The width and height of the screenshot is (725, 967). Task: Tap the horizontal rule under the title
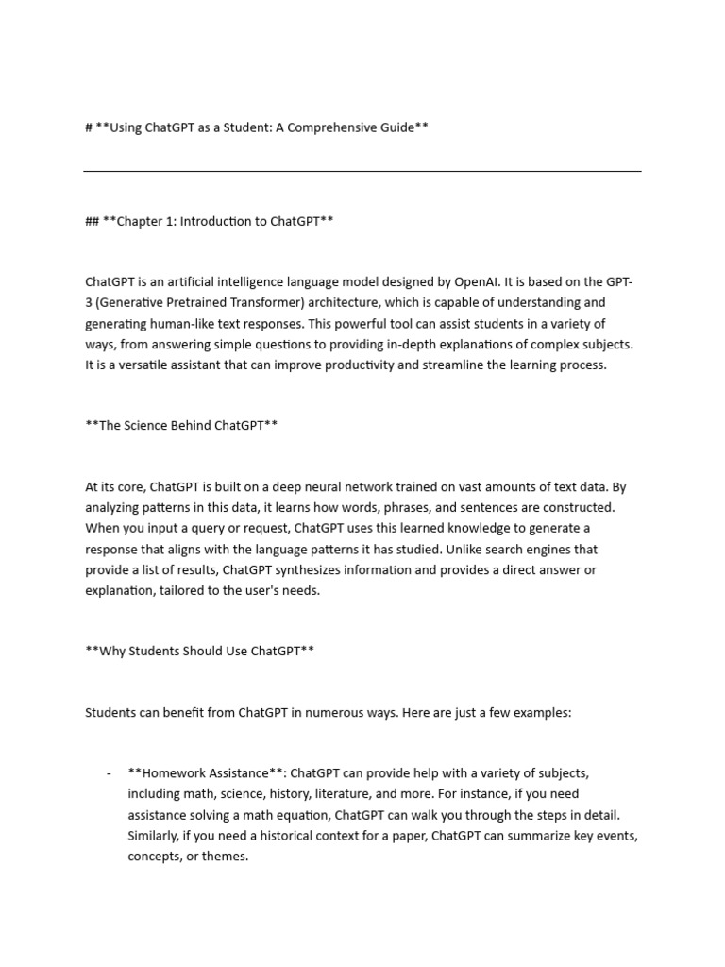(x=362, y=171)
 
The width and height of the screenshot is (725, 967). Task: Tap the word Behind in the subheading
(x=188, y=426)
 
